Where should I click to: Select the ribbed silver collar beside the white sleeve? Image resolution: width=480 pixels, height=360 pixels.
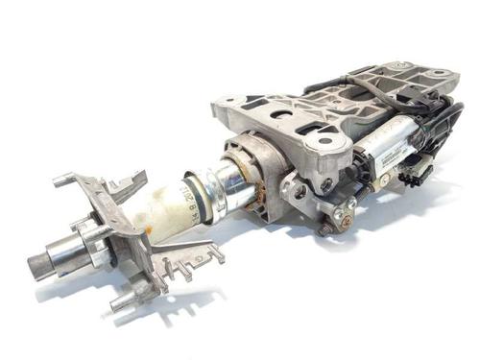pos(206,188)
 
